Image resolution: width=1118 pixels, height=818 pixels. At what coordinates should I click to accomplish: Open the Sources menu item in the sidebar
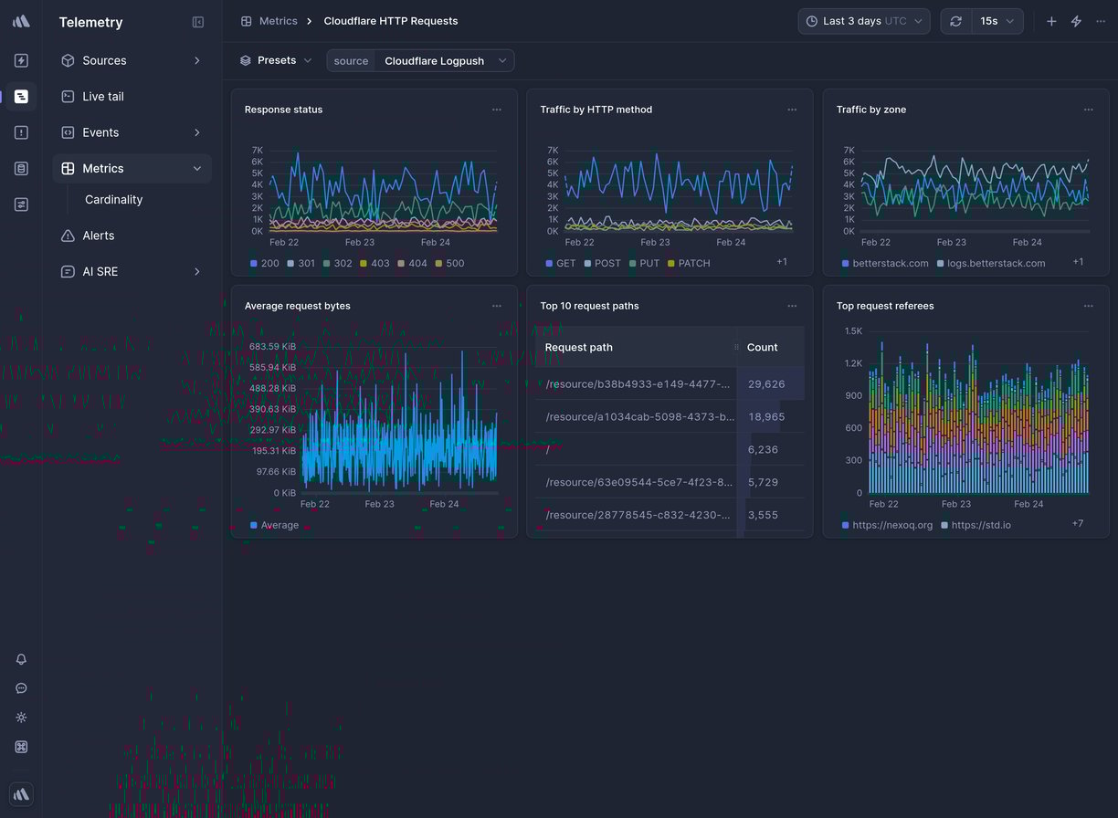104,60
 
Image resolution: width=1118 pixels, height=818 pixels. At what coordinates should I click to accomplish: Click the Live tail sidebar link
102,97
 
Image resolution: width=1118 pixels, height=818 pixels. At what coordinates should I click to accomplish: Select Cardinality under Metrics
113,200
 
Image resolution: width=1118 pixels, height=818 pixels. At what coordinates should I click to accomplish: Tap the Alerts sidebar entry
98,236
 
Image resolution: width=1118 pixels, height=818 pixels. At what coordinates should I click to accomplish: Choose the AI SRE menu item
100,272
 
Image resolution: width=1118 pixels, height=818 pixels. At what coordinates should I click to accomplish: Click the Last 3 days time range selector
863,21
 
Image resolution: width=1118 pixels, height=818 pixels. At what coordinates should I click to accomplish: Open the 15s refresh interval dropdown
996,21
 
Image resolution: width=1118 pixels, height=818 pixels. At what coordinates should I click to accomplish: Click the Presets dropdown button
276,60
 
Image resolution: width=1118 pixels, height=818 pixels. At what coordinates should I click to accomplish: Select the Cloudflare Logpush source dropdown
444,61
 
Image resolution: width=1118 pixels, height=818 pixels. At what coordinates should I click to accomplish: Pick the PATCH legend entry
693,263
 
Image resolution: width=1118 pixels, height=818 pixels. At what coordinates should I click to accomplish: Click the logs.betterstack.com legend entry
995,263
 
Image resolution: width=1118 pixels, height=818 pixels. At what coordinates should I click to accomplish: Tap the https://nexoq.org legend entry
891,525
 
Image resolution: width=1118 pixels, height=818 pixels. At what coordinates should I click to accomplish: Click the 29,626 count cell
765,384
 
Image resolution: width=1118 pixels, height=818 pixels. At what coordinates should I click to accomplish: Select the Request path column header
578,347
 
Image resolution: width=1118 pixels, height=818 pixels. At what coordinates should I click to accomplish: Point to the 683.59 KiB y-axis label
272,347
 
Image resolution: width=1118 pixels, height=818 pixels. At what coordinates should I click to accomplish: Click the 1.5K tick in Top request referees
852,331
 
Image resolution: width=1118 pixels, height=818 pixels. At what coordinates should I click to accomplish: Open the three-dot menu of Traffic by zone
1088,110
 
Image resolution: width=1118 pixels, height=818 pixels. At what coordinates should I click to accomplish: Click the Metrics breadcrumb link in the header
278,21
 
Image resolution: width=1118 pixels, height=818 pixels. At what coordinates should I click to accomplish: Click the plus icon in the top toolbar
1051,21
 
